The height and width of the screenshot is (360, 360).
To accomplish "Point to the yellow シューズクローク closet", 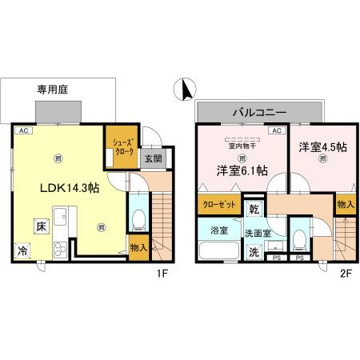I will point(123,150).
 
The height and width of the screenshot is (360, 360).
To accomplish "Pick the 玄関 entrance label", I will point(154,158).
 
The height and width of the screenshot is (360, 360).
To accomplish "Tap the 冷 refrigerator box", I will point(21,250).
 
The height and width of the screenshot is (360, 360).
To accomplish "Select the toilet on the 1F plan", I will point(138,219).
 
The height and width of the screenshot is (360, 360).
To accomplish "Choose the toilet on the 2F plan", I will point(301,238).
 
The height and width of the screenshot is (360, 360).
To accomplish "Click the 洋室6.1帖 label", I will point(240,171).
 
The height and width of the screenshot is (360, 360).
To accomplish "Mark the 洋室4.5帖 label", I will point(322,147).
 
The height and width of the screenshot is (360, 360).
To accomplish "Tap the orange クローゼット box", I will point(218,206).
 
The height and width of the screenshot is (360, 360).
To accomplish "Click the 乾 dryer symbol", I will point(254,209).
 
